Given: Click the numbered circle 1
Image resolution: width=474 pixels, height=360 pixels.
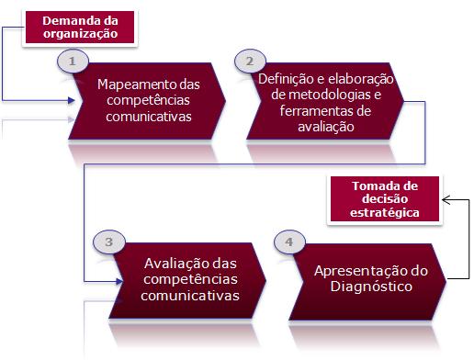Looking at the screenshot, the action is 73,61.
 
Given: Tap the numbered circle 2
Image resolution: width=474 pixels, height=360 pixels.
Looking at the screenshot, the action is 250,61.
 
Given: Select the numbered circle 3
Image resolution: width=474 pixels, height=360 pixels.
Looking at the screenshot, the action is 108,242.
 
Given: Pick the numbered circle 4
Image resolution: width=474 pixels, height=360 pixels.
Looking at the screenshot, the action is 289,242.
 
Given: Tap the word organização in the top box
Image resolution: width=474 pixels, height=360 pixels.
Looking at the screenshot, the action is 80,34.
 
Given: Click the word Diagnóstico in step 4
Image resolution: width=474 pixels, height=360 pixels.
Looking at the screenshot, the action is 371,287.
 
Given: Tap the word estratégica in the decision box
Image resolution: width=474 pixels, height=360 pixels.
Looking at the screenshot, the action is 385,212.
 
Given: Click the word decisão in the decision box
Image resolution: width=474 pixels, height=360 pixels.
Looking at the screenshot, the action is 385,199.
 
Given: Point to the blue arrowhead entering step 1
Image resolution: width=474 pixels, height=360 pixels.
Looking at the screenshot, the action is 72,100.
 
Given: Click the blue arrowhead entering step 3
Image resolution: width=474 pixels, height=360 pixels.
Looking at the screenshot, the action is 119,281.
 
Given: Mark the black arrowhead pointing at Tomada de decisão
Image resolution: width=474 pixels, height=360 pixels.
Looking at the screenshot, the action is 446,200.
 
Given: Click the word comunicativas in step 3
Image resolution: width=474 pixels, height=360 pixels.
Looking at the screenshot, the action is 190,296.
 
